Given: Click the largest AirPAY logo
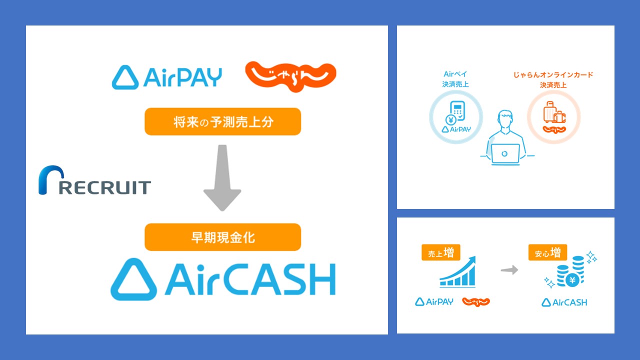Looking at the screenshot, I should tap(167, 77).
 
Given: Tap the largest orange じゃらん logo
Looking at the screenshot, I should tap(290, 75).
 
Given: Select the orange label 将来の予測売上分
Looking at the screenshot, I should tap(222, 121).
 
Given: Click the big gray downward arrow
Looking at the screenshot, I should tap(222, 177).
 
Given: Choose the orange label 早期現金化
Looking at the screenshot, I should tap(222, 237).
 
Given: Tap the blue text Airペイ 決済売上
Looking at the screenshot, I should tap(455, 79).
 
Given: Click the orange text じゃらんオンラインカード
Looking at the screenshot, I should tap(553, 75).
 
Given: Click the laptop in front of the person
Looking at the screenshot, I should tap(505, 154).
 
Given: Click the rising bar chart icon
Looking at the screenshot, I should tap(457, 272).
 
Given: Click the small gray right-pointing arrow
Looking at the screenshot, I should tap(509, 270).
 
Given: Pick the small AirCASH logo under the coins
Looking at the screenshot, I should tap(564, 302).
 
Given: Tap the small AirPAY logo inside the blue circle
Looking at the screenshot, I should tap(456, 129).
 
